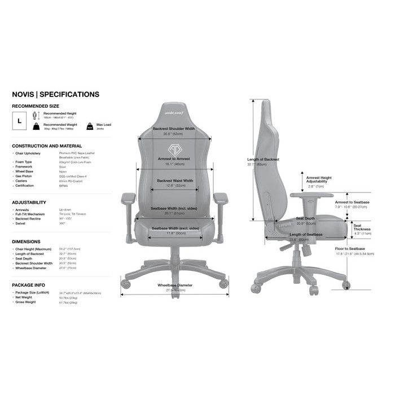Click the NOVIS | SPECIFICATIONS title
pos(55,94)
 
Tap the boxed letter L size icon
pos(19,120)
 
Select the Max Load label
pos(103,124)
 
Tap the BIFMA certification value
pos(63,185)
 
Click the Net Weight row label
pos(24,298)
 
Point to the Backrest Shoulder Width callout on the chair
pos(174,128)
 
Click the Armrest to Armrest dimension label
pos(174,160)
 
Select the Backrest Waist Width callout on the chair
pos(175,181)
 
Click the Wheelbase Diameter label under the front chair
pos(175,286)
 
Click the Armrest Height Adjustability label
pos(319,179)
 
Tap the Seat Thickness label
pos(362,226)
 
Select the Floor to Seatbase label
pos(350,249)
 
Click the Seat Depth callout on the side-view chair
pos(306,218)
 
